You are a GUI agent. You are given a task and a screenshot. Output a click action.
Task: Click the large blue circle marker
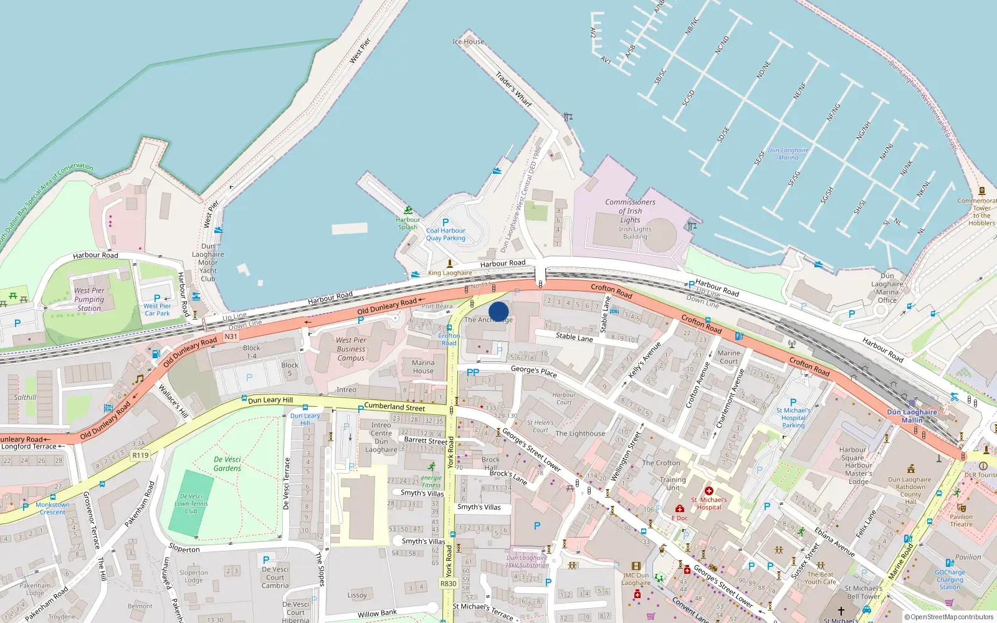(x=499, y=311)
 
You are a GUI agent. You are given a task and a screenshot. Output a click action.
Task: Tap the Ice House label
(x=468, y=42)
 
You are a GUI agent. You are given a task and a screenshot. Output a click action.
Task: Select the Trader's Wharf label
(x=514, y=89)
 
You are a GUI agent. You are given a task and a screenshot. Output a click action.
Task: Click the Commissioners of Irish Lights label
(x=630, y=211)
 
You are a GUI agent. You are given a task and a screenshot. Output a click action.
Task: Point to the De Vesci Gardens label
(x=227, y=464)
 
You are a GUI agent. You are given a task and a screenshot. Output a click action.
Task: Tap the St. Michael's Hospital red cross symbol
(x=708, y=491)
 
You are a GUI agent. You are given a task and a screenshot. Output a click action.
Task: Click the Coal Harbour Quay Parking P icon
(x=446, y=222)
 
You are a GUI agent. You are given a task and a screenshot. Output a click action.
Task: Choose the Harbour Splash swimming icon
(x=408, y=211)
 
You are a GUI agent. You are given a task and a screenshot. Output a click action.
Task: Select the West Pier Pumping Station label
(x=89, y=299)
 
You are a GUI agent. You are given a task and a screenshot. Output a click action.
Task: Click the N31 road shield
(x=231, y=336)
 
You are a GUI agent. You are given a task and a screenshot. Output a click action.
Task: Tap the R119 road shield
(x=140, y=455)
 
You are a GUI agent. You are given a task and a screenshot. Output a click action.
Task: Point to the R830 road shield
(x=448, y=584)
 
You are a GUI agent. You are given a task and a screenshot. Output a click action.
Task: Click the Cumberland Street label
(x=394, y=407)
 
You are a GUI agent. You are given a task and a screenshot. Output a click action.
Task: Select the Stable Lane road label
(x=574, y=337)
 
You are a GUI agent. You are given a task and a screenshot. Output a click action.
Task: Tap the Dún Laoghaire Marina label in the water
(x=788, y=154)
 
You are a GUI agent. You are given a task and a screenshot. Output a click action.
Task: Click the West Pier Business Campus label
(x=351, y=349)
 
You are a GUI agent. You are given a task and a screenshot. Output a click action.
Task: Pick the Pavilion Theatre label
(x=961, y=520)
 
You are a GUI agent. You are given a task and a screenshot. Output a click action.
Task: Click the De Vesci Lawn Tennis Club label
(x=191, y=503)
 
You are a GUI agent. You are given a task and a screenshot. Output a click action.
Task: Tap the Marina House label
(x=423, y=367)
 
